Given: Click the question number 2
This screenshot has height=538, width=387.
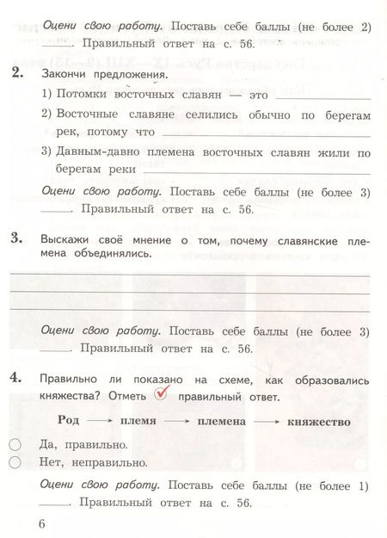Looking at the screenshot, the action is tap(17, 74).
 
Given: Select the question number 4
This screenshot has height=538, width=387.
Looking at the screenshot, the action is tap(17, 379).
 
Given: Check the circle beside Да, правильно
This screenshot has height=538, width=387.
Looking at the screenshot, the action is tap(15, 445).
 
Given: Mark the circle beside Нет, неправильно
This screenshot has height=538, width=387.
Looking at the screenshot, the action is tap(15, 462).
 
